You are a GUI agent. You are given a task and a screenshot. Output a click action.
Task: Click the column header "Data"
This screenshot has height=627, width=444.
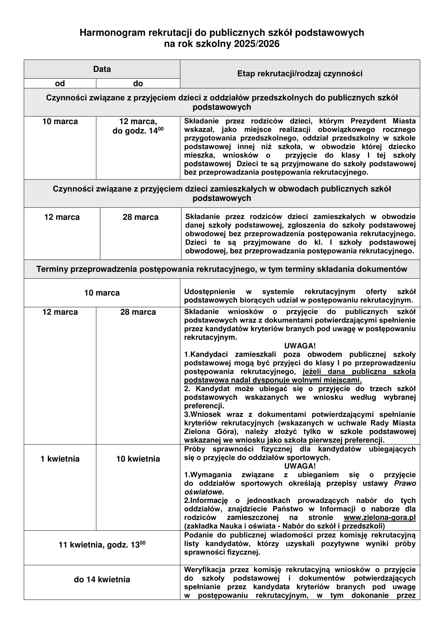(x=102, y=69)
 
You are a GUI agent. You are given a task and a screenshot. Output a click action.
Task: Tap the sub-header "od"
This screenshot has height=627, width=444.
(x=60, y=84)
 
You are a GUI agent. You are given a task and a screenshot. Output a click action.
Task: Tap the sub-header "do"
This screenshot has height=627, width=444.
(x=138, y=84)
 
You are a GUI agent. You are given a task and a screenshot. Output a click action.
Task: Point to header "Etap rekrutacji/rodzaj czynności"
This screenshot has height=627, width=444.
(x=300, y=74)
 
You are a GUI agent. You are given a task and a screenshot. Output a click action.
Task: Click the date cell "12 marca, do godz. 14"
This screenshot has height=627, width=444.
(x=138, y=126)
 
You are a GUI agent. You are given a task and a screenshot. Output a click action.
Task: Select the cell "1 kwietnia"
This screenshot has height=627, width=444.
(x=60, y=459)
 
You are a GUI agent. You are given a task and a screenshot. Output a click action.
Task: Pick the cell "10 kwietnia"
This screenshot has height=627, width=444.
(x=138, y=459)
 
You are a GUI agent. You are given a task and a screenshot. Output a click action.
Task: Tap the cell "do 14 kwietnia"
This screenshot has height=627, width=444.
(x=102, y=580)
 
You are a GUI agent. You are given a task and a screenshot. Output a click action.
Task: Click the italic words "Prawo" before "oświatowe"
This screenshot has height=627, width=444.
(x=405, y=483)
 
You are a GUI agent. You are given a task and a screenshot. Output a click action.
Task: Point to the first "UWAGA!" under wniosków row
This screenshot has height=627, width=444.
(x=300, y=346)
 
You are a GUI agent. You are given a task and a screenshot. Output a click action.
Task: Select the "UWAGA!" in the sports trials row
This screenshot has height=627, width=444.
(x=300, y=466)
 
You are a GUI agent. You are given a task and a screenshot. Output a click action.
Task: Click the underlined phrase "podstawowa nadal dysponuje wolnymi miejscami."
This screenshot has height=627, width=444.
(x=272, y=380)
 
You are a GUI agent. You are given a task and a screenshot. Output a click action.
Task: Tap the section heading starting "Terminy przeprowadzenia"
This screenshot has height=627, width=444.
(x=222, y=269)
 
